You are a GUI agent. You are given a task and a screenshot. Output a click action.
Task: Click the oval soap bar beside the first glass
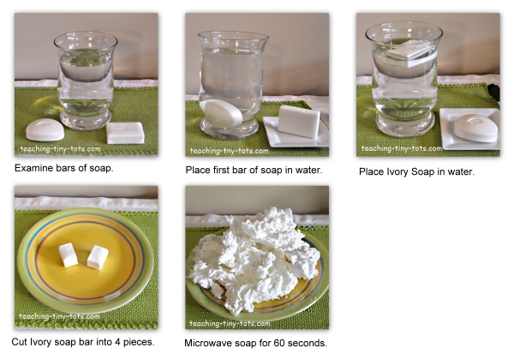[x=45, y=129]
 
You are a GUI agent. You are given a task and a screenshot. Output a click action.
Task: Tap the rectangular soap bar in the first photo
[x=126, y=133]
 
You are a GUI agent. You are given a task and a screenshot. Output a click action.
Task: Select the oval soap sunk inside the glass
[x=221, y=113]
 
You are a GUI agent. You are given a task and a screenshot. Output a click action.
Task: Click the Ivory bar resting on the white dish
[x=299, y=121]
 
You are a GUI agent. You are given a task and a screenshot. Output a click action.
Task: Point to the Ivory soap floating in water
[x=410, y=53]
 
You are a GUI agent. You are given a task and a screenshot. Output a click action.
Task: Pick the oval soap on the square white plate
[x=476, y=128]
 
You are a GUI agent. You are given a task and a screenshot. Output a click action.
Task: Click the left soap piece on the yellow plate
[x=69, y=255]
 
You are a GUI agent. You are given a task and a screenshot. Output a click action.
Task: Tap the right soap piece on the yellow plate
[x=98, y=257]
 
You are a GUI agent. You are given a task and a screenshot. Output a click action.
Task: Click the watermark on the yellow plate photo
[x=59, y=316]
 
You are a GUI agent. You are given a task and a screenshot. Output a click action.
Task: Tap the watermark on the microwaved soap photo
[x=230, y=324]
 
